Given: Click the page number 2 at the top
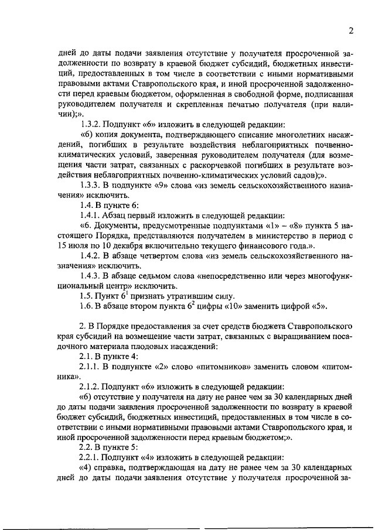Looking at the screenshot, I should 350,30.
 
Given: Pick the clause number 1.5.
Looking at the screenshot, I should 87,295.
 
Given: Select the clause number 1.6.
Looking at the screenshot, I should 87,306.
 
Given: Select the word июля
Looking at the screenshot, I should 80,246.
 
